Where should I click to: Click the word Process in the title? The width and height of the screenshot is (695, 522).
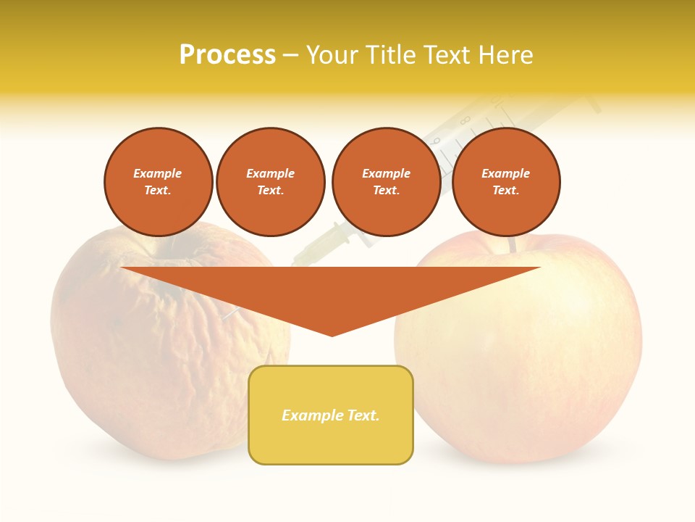click(227, 55)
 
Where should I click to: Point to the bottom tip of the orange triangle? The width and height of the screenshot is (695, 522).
click(332, 335)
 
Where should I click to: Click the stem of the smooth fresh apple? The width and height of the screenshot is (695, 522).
click(513, 245)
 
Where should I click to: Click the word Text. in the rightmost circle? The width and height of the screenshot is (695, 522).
click(506, 190)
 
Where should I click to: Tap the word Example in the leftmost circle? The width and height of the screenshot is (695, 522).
click(158, 173)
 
